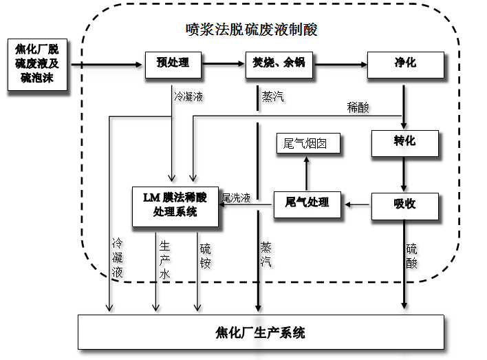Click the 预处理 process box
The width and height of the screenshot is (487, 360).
167,65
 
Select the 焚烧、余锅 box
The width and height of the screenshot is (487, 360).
279,65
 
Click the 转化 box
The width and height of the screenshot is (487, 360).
404,142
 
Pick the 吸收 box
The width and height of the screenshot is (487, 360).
404,204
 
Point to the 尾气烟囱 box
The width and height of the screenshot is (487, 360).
307,143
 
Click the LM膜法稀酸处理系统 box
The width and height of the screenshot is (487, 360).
175,204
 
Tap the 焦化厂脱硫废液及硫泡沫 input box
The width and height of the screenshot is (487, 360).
39,66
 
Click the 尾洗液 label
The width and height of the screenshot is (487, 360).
236,197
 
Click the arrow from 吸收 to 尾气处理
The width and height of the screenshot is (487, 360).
358,204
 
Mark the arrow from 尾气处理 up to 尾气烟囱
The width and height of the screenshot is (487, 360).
307,171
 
